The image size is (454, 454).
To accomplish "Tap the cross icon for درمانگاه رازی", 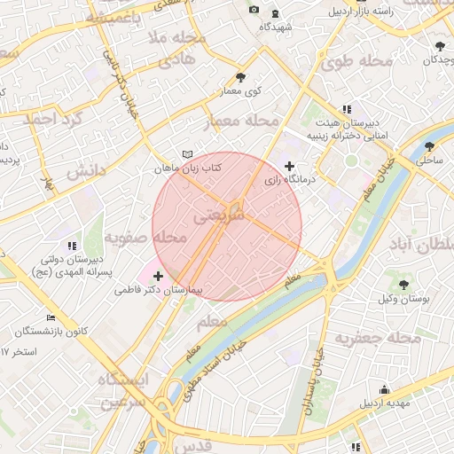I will point(290,166).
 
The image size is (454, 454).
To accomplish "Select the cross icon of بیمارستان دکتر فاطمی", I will point(159,277).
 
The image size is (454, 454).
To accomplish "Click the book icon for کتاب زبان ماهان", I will point(186,154).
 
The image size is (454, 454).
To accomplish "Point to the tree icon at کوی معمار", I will point(241,78).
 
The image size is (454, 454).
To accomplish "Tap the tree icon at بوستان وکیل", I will point(404,286).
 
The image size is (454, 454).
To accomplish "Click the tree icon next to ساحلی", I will point(430,147).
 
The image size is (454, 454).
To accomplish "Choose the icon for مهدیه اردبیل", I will point(384,389).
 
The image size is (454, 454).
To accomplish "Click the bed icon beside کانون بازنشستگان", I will point(51,317).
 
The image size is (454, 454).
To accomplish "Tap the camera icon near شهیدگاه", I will point(254,10).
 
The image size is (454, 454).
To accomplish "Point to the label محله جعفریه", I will point(376,338).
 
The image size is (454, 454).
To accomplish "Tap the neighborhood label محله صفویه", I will point(145,238).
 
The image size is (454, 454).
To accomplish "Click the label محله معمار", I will point(242,121).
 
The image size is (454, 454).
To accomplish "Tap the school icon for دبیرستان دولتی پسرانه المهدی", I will point(72,246).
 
